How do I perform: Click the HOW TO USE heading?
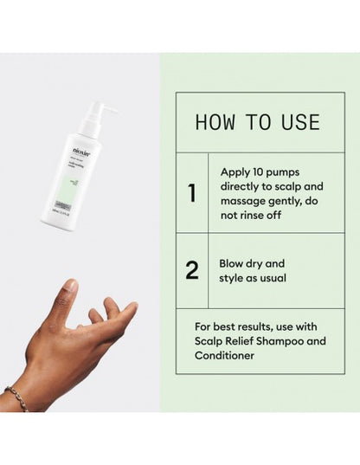click(257, 121)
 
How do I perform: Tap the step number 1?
click(192, 193)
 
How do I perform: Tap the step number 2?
click(192, 270)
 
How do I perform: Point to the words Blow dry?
click(241, 263)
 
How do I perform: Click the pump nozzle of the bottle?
click(108, 109)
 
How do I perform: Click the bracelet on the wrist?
click(16, 397)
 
